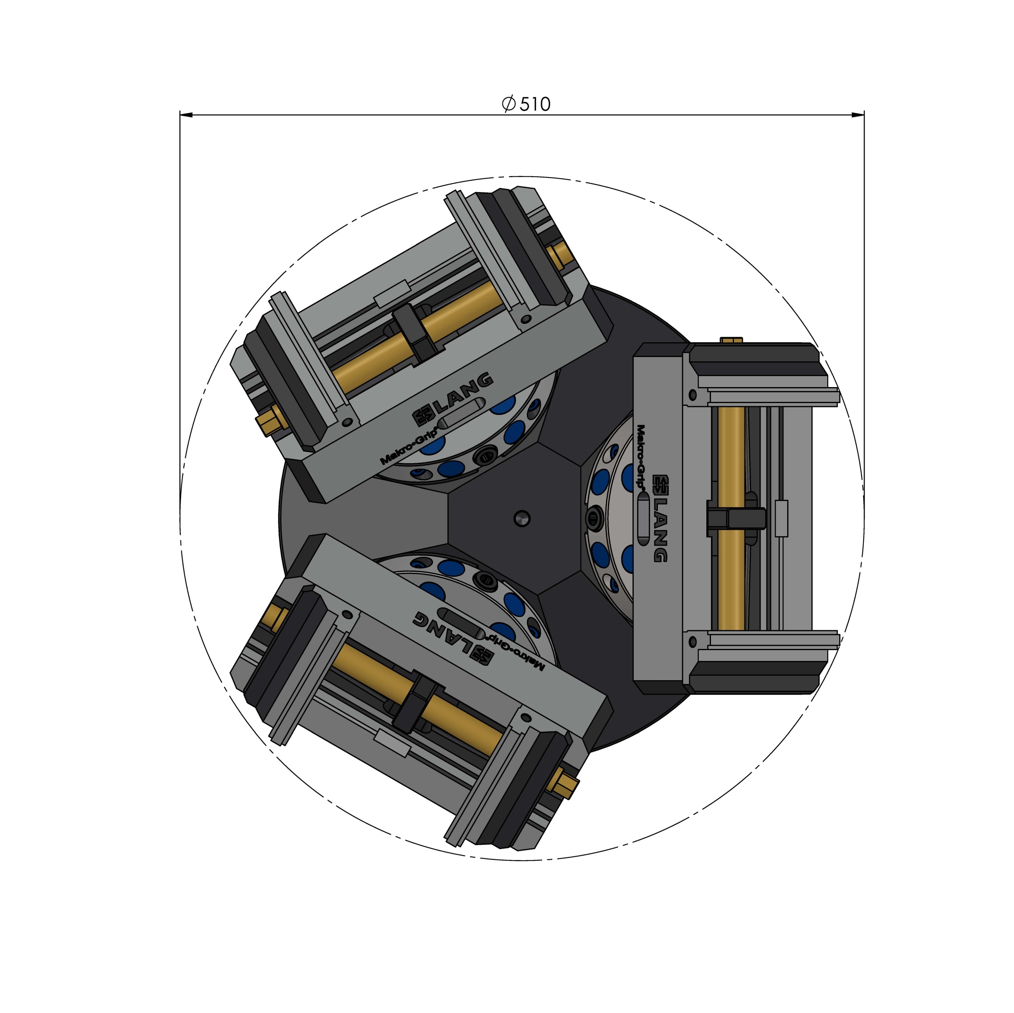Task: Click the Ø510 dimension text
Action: pyautogui.click(x=526, y=104)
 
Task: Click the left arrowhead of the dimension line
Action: pyautogui.click(x=187, y=114)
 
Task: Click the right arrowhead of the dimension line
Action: pyautogui.click(x=858, y=114)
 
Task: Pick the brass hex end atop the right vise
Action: pyautogui.click(x=731, y=340)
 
